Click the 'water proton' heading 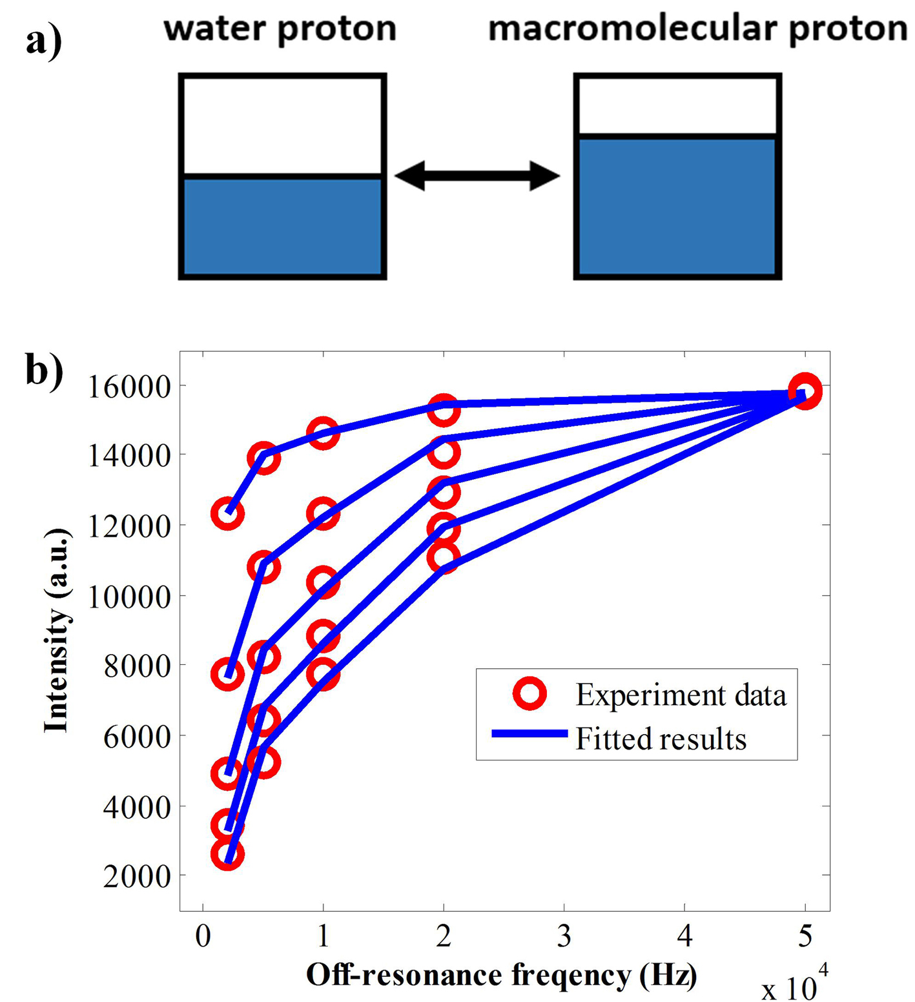(280, 30)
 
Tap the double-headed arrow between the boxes (477, 176)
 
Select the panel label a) (44, 41)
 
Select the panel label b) (44, 371)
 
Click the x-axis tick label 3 (564, 936)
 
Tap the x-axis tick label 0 (203, 936)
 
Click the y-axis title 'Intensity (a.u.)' (57, 630)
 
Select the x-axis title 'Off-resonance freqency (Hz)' (501, 975)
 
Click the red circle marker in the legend (529, 694)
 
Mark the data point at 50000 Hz (805, 391)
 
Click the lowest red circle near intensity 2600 (227, 855)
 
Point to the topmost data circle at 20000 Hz (443, 411)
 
